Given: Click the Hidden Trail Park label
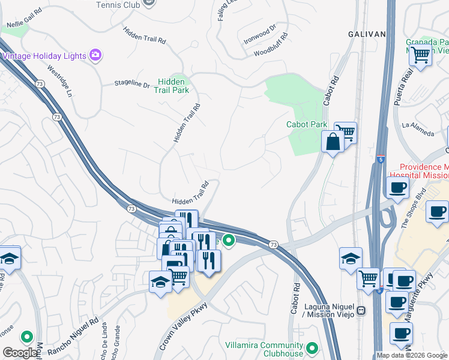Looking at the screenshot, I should [x=173, y=86].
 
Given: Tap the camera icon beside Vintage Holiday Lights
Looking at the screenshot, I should [x=95, y=55].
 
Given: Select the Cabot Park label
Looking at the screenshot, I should [x=306, y=124].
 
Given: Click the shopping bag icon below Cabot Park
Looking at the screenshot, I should [x=332, y=142].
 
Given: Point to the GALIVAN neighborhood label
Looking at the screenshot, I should [x=367, y=34].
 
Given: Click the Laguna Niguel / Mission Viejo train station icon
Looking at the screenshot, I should [x=361, y=311].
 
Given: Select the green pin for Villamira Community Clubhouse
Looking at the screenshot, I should [x=312, y=347].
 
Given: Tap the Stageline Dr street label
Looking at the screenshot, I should [x=132, y=85].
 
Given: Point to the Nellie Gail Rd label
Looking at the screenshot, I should [x=25, y=17].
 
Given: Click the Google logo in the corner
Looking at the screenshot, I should [x=20, y=353].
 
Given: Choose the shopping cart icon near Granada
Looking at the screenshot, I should [x=420, y=55].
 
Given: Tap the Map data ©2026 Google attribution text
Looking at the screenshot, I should [x=412, y=355].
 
